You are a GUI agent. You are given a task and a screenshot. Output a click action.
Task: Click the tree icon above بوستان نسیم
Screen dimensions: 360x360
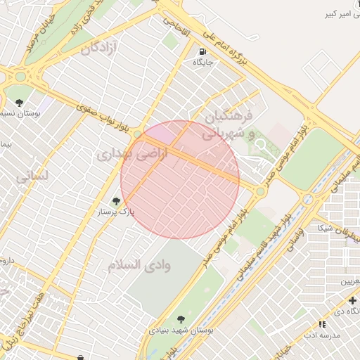[x=19, y=103]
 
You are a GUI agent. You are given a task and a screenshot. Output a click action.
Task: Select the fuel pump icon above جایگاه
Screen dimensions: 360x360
[x=202, y=51]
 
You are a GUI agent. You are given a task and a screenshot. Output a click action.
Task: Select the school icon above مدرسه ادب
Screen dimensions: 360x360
[x=322, y=324]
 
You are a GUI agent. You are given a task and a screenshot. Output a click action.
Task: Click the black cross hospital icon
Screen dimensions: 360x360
[x=352, y=301]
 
